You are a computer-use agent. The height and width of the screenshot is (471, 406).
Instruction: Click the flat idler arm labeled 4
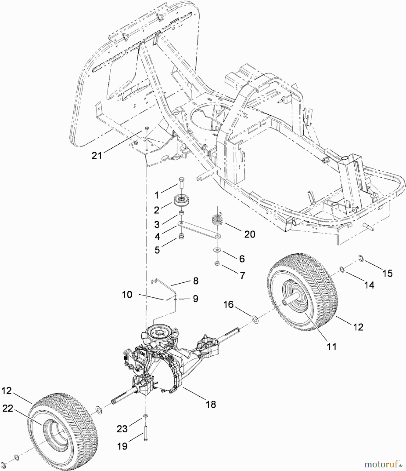click(x=199, y=229)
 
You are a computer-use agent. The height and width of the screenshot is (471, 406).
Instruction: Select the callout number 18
click(x=211, y=404)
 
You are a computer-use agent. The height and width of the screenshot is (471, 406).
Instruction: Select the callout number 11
click(x=332, y=347)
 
